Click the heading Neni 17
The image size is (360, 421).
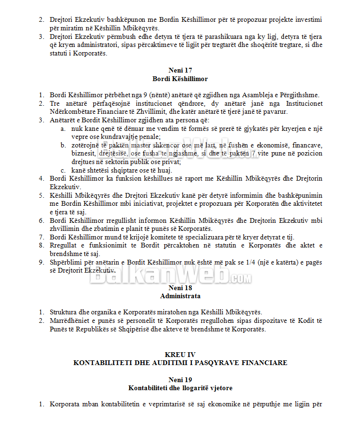coord(180,70)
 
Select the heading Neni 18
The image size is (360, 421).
coord(180,287)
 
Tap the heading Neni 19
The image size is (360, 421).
coord(180,379)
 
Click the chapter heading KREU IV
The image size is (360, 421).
coord(180,354)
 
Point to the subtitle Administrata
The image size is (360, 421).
coord(180,296)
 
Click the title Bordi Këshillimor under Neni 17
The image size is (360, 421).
coord(180,79)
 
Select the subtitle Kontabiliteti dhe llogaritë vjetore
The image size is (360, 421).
coord(180,388)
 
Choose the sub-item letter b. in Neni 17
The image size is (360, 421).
coord(63,145)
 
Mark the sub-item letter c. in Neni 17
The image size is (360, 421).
coord(63,170)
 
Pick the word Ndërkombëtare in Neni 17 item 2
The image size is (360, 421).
coord(73,111)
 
